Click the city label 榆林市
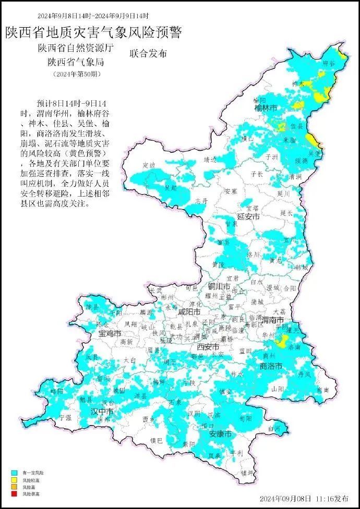pos(265,108)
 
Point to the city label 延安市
pos(248,215)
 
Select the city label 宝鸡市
pos(110,333)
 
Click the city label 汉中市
pos(102,411)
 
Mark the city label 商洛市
pos(271,367)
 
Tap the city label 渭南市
pos(272,319)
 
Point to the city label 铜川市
pos(219,286)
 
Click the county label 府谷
pos(329,62)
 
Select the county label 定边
pos(149,165)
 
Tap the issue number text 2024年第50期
pos(77,74)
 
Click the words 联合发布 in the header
pos(148,54)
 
